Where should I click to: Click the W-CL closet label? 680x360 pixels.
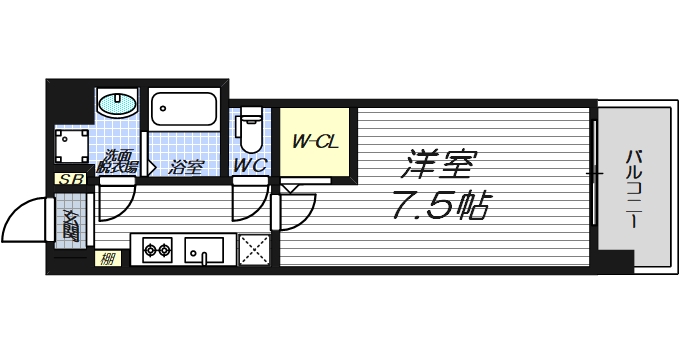tap(314, 141)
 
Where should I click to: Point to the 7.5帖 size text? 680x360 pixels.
tap(440, 207)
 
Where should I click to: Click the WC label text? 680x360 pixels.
tap(249, 166)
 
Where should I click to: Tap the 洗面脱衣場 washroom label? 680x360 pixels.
tap(117, 161)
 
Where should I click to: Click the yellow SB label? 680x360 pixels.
tap(69, 179)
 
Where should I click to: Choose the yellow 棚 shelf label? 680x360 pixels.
tap(106, 260)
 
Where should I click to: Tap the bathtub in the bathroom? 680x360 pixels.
tap(183, 111)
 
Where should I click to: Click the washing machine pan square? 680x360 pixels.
tap(72, 145)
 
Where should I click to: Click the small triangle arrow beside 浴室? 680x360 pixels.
tap(153, 166)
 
